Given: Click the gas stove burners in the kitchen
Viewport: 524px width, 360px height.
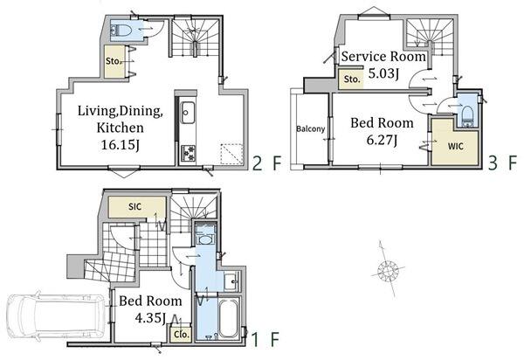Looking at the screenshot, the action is click(x=188, y=153).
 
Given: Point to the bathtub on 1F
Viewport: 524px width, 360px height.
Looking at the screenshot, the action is click(x=228, y=318).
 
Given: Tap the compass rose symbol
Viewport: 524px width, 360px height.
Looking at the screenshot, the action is click(x=388, y=269).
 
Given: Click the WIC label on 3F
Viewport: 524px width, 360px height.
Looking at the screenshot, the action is click(x=455, y=147).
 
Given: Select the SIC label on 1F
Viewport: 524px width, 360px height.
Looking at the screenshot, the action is click(x=135, y=207).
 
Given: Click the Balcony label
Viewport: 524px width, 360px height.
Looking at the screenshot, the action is click(x=310, y=128).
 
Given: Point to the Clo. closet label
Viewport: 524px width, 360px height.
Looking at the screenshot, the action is click(x=182, y=334).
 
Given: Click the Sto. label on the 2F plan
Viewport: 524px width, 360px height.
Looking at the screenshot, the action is click(x=113, y=61).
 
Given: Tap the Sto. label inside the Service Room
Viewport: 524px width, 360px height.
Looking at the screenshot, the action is click(x=352, y=80).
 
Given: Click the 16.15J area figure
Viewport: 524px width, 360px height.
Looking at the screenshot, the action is click(x=120, y=145).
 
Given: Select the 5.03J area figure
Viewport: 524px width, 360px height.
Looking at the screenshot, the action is click(x=383, y=73).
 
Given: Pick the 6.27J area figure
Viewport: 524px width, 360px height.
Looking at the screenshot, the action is click(x=382, y=140).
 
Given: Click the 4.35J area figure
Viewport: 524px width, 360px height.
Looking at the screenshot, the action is click(x=151, y=317).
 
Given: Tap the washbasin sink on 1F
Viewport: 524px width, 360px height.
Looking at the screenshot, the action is click(x=231, y=281).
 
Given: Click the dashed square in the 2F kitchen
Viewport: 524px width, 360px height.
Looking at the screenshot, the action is click(x=232, y=154).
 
